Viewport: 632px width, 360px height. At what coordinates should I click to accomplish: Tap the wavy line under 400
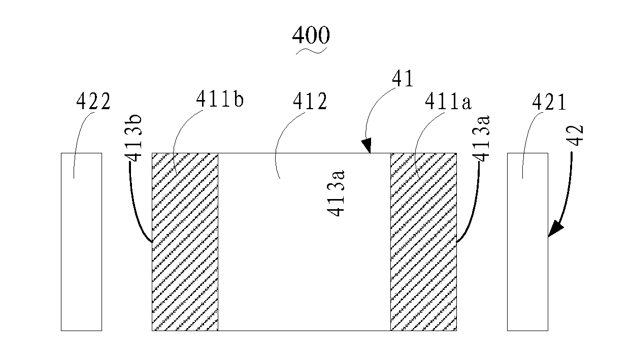coord(311,50)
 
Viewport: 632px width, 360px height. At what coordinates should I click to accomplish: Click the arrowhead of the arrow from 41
coord(368,148)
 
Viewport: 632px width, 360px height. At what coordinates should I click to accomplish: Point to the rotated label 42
coord(577,134)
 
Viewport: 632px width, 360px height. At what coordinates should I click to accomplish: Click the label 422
coord(93,103)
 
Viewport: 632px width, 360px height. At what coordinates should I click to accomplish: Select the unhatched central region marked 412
coord(304,264)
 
